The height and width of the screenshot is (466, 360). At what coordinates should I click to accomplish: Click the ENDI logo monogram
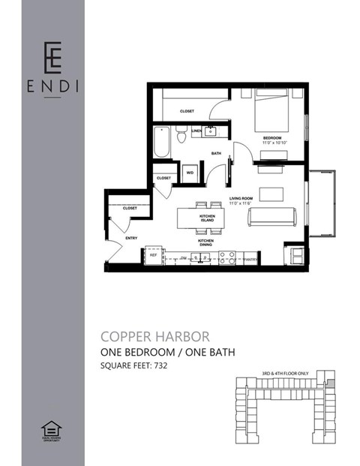(52, 55)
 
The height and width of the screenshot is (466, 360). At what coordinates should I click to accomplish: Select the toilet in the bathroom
(181, 135)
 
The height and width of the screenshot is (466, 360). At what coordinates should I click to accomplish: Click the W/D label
(189, 172)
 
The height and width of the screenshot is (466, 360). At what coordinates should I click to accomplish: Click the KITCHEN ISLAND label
(207, 218)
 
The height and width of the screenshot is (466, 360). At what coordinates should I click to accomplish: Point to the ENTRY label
(131, 238)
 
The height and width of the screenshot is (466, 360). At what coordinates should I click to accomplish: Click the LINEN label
(196, 131)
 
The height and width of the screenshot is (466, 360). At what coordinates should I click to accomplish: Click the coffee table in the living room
(271, 194)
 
